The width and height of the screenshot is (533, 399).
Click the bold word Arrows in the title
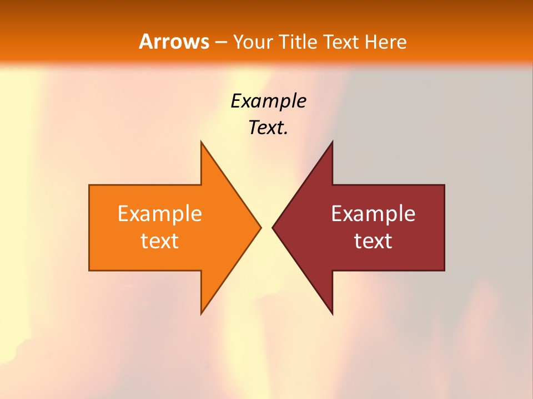tap(174, 42)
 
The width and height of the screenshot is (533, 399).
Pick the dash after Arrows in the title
tap(220, 42)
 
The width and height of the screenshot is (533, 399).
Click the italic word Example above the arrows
tap(268, 101)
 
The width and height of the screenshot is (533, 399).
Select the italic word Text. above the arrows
tap(268, 127)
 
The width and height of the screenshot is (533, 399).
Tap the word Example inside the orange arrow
tap(160, 214)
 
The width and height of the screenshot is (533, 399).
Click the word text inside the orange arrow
tap(160, 241)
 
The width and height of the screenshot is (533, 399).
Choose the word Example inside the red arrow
tap(373, 214)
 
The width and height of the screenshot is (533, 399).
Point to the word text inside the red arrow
tap(373, 241)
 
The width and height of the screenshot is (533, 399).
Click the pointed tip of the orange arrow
tap(260, 227)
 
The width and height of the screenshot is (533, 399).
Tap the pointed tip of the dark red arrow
tap(273, 227)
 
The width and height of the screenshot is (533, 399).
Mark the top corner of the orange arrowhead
tap(202, 142)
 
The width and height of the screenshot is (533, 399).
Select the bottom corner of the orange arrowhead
tap(202, 314)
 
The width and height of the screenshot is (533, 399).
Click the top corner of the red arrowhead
tap(332, 142)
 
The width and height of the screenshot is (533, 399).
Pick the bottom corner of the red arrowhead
tap(332, 314)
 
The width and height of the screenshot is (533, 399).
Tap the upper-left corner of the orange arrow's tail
tap(89, 185)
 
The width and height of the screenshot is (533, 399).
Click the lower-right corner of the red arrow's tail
tap(444, 270)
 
